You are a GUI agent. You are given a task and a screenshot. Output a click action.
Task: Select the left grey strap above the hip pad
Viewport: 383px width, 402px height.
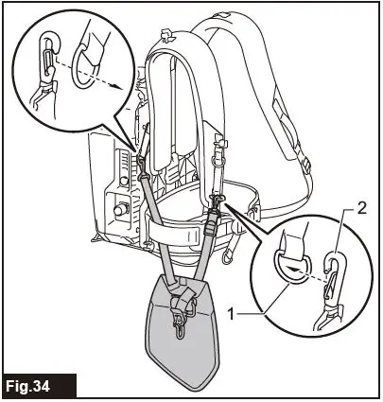156,227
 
